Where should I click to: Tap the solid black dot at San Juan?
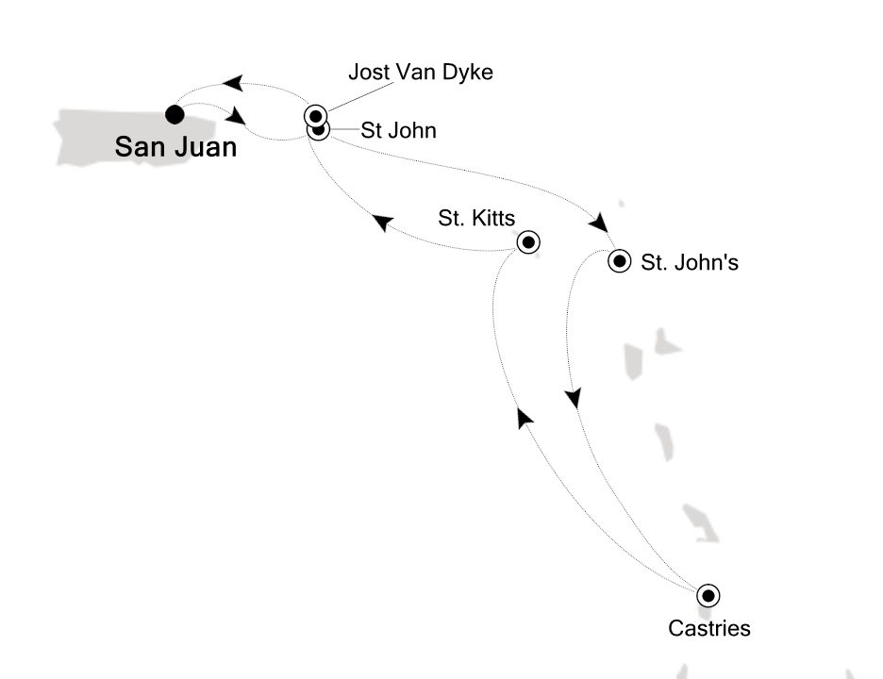[x=174, y=114]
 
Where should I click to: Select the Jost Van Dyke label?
[x=421, y=72]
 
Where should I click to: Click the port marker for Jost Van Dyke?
[x=315, y=115]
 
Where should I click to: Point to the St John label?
[x=399, y=131]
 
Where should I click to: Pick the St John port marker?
[x=319, y=130]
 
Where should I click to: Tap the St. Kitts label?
[x=476, y=219]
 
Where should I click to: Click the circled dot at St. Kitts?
[x=529, y=242]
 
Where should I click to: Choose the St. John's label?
[x=690, y=263]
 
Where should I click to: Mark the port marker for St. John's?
[x=619, y=261]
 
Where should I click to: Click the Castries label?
[x=708, y=627]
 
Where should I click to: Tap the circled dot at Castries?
[x=708, y=595]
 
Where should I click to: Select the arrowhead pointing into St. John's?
[x=597, y=224]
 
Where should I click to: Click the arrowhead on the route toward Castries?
[x=573, y=398]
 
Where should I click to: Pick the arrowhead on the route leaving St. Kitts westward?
[x=382, y=223]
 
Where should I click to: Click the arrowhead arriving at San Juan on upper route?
[x=232, y=85]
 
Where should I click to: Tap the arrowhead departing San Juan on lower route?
[x=236, y=118]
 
